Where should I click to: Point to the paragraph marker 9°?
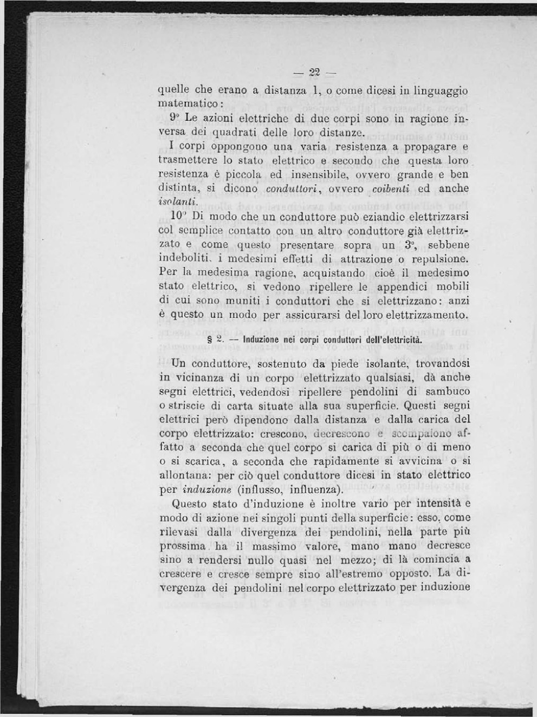174,117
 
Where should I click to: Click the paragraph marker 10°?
176,216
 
